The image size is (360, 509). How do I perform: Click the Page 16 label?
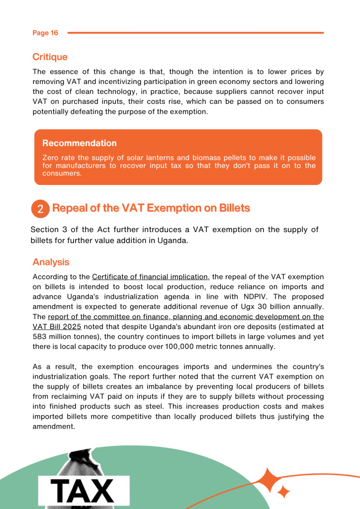pos(45,33)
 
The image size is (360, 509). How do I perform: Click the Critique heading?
pos(50,57)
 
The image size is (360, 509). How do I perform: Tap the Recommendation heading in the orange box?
pos(80,143)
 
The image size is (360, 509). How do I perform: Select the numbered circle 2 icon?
pos(40,209)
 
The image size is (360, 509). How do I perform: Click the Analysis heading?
pos(51,262)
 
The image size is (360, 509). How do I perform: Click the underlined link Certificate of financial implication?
pos(150,277)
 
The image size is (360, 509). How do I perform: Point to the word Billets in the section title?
pos(230,208)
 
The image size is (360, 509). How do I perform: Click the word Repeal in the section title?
pos(69,208)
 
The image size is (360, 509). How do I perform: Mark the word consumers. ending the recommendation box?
pos(62,173)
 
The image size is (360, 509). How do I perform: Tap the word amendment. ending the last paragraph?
pos(54,426)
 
